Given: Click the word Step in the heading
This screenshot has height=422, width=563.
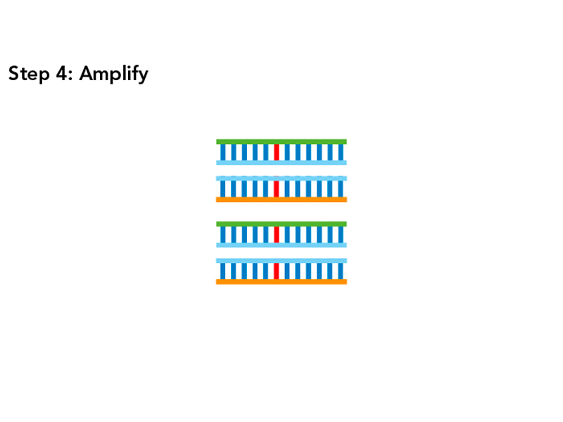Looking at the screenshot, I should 29,74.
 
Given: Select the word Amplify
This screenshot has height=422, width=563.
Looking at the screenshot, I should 113,75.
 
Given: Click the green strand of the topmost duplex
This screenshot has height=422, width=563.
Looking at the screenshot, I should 281,141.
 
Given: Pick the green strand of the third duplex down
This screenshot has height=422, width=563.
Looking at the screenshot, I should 281,224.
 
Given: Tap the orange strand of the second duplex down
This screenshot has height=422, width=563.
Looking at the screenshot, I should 281,200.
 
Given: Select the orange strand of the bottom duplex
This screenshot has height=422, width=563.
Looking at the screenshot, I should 281,282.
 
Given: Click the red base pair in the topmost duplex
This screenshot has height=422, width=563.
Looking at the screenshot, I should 277,152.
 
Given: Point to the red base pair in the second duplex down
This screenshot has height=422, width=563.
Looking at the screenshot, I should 277,188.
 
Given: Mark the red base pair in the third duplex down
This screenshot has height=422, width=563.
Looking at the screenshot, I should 277,234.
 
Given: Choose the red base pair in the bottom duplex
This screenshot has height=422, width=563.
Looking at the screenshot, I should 277,271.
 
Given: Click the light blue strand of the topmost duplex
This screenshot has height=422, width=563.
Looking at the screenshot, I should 281,162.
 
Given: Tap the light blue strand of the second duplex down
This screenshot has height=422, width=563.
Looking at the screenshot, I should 281,179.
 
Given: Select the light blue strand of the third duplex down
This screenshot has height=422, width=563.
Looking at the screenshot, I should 281,245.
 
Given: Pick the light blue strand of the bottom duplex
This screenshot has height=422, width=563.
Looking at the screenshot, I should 281,261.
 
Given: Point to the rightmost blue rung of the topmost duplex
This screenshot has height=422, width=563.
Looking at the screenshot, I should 341,152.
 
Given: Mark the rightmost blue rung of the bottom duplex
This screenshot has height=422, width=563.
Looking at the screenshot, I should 341,271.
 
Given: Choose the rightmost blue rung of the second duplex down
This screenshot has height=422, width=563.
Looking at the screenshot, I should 341,188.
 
